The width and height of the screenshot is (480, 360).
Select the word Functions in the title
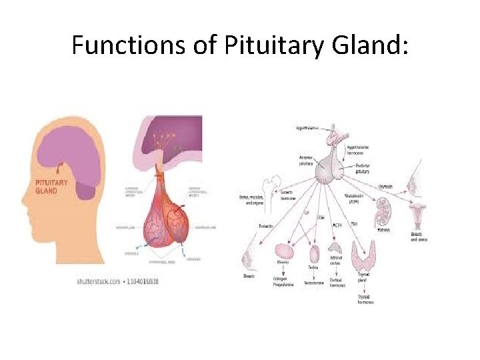click(x=123, y=45)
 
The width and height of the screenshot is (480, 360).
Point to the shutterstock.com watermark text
click(x=98, y=281)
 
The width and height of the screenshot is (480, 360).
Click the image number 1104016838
click(x=142, y=281)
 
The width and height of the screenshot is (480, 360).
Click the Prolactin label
click(x=267, y=226)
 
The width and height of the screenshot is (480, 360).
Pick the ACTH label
click(x=337, y=224)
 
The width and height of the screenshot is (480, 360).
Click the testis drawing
click(x=314, y=254)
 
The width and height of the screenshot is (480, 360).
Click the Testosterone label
click(x=313, y=283)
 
